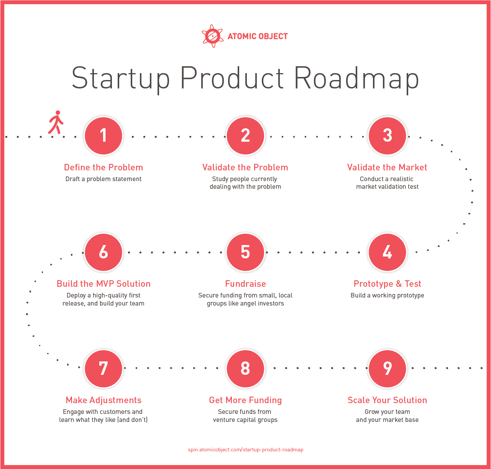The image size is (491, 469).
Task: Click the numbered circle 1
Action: click(x=103, y=136)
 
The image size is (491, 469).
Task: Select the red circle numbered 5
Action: click(x=245, y=252)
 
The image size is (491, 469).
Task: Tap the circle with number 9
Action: click(x=387, y=368)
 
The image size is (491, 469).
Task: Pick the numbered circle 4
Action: click(x=387, y=252)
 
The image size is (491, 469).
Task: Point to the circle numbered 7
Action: click(x=103, y=368)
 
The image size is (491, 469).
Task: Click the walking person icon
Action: click(x=56, y=122)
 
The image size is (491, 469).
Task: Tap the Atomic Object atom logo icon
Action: click(x=212, y=36)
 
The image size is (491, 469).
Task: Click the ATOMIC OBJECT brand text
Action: click(x=258, y=36)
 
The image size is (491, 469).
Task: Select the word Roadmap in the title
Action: click(x=356, y=79)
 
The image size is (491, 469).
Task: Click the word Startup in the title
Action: click(x=121, y=79)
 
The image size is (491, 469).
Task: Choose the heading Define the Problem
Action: click(x=103, y=167)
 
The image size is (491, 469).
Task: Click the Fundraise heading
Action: click(x=245, y=284)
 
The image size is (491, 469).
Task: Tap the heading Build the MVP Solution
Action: click(x=103, y=284)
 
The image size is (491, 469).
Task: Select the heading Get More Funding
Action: click(x=245, y=400)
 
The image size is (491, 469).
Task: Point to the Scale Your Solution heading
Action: click(x=387, y=400)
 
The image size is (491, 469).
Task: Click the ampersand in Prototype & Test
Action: click(x=399, y=284)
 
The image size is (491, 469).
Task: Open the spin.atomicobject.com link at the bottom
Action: click(x=245, y=449)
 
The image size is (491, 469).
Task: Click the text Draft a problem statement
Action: click(x=103, y=179)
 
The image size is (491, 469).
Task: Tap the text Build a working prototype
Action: click(x=387, y=295)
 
